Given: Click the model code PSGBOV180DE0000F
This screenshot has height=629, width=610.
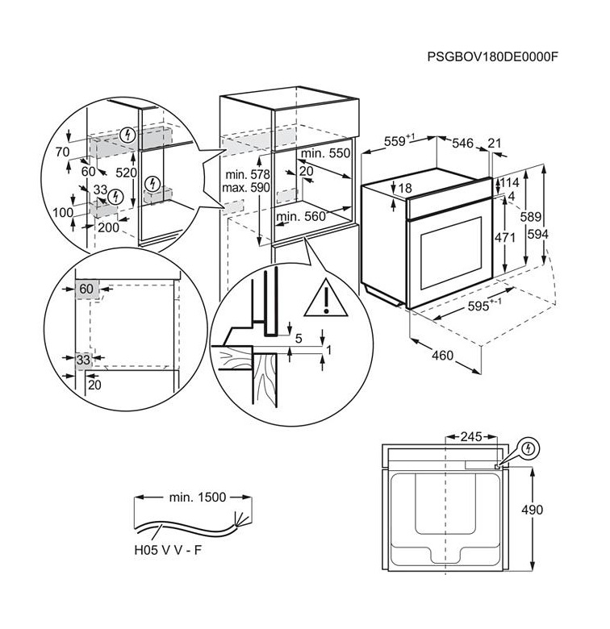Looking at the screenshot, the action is pos(492,56).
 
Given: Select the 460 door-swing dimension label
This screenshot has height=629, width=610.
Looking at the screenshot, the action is pos(443,355).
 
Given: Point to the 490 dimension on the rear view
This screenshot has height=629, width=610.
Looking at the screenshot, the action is pos(533,510).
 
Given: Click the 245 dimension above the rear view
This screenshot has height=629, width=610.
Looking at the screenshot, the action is pos(471,436).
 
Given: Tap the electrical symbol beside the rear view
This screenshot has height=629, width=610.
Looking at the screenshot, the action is pos(529,448).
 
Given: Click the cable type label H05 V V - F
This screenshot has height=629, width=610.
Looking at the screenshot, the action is pos(168,550).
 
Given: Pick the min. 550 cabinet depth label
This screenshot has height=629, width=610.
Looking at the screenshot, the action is pos(325,153).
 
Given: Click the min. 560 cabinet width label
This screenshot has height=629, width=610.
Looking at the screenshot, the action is pos(301,217).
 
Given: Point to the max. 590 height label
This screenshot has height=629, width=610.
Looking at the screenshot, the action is pos(245,187).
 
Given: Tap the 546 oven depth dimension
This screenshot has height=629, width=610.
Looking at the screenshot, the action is pos(462,144).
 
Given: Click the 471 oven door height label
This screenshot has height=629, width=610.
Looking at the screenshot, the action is pos(505,237).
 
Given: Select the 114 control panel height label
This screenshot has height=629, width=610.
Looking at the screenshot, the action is pos(510,183).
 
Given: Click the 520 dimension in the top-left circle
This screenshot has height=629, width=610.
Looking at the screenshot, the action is pos(127,173).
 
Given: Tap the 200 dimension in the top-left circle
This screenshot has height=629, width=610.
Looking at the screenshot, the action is pos(108,227).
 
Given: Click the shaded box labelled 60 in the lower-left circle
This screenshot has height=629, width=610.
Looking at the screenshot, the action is pos(87,289).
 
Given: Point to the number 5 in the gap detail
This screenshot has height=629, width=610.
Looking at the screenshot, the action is pos(299,338).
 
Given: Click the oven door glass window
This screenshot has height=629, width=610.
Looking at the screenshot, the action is pos(451,252).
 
